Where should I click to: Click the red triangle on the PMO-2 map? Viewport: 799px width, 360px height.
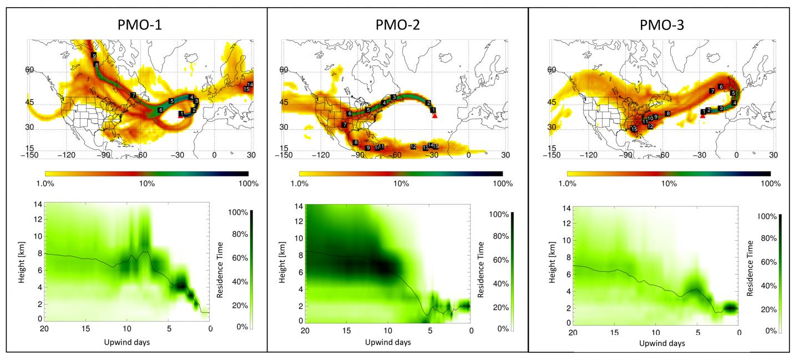tap(434, 115)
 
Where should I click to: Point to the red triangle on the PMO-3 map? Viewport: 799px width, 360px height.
tap(702, 115)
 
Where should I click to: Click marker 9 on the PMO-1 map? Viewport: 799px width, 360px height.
tap(94, 56)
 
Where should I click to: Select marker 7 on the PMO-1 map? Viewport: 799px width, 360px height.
tap(133, 95)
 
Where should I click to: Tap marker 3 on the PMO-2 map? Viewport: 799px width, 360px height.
tap(393, 97)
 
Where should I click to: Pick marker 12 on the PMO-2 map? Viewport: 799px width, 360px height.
tap(413, 146)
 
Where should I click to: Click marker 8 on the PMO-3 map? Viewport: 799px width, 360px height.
tap(668, 113)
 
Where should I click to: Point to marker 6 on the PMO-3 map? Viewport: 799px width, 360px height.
tap(721, 87)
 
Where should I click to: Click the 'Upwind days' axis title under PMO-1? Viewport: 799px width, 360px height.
tap(127, 342)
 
